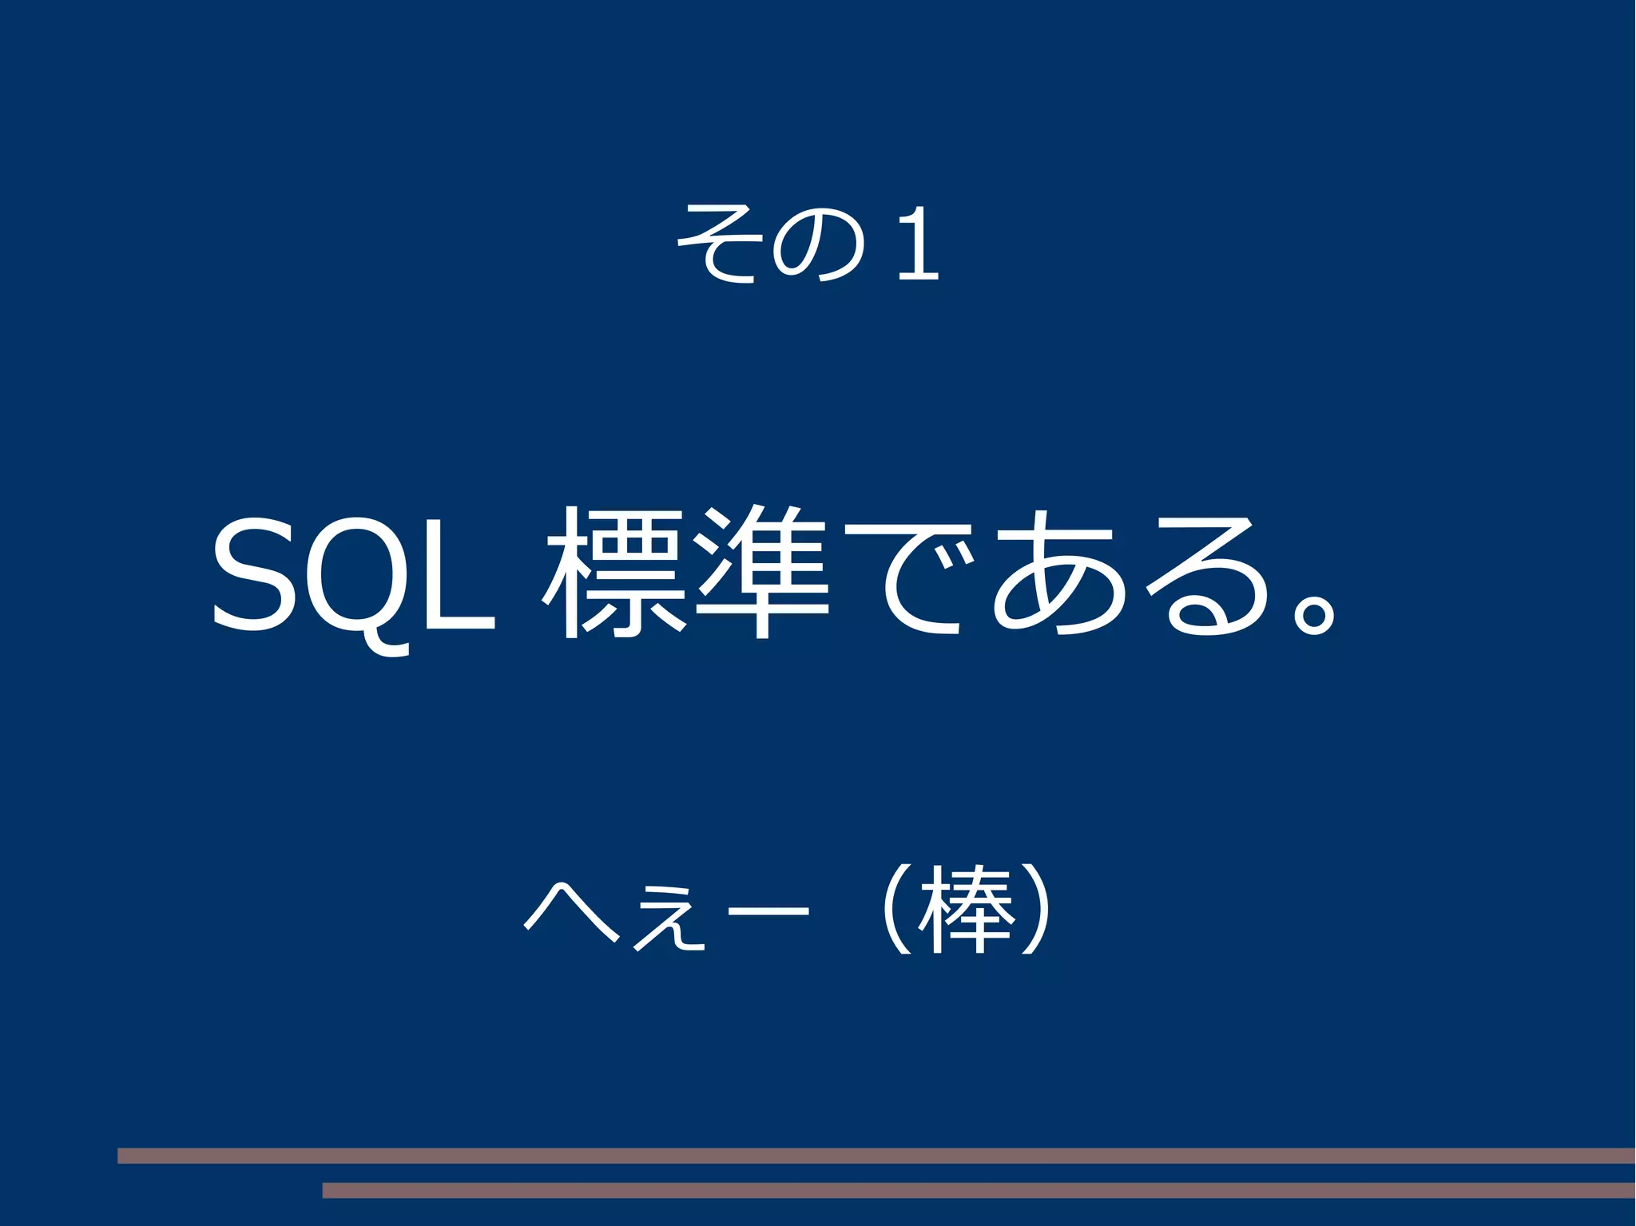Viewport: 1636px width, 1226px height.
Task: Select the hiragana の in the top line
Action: [x=819, y=244]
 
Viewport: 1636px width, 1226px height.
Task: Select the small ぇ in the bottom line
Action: [x=669, y=926]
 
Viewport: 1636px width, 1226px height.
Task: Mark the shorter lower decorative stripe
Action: [x=979, y=1190]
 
